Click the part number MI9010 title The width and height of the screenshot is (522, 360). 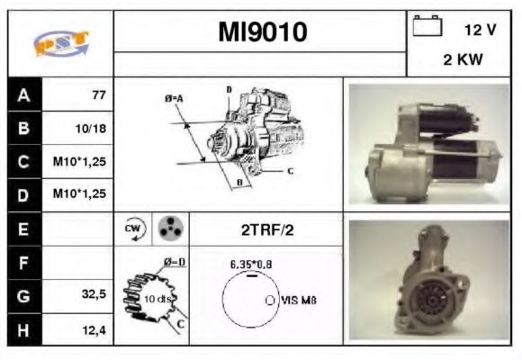pyautogui.click(x=263, y=33)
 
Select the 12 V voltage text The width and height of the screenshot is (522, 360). pyautogui.click(x=480, y=30)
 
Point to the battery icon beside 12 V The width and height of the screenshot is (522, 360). pyautogui.click(x=425, y=27)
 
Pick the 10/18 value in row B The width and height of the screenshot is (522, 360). pyautogui.click(x=91, y=129)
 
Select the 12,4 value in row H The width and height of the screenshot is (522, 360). pyautogui.click(x=93, y=328)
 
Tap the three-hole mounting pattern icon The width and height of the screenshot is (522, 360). pyautogui.click(x=167, y=229)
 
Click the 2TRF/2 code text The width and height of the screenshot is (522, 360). pyautogui.click(x=266, y=230)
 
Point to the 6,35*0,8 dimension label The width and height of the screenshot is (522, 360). pyautogui.click(x=252, y=265)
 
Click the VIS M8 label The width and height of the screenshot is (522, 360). pyautogui.click(x=299, y=300)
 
